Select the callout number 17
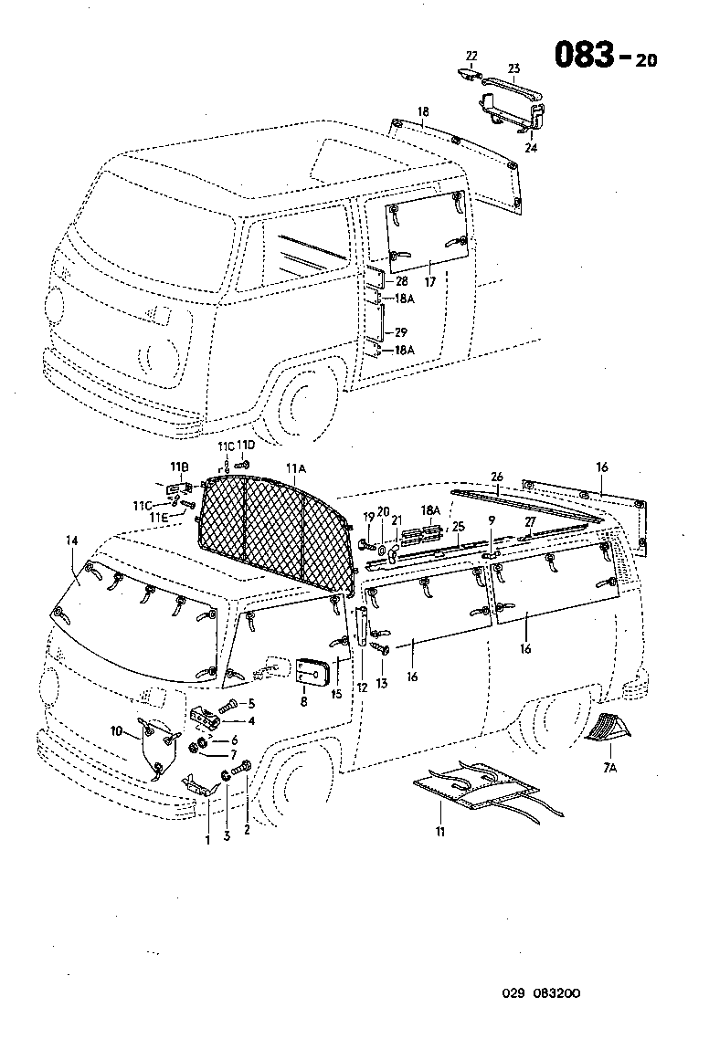point(429,282)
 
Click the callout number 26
point(497,477)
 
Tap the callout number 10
point(116,730)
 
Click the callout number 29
point(400,332)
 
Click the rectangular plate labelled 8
point(312,669)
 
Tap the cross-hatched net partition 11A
point(274,530)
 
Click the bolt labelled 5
point(228,704)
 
